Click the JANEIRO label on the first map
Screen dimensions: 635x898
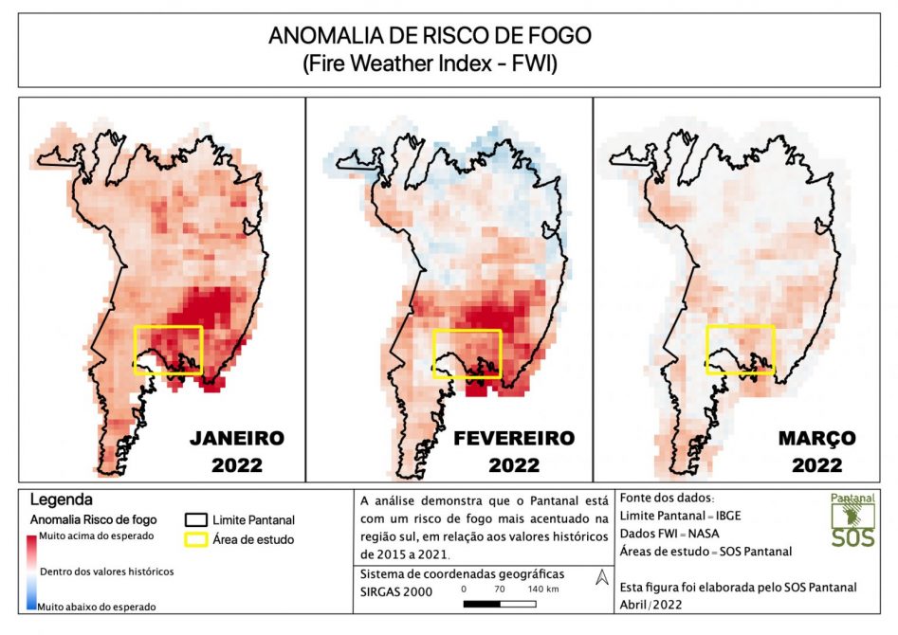click(x=236, y=438)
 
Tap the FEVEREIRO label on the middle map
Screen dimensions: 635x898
click(x=514, y=438)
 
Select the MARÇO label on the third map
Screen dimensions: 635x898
click(x=816, y=438)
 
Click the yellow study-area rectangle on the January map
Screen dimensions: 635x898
click(x=168, y=350)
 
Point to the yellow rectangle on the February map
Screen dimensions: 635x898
click(x=467, y=354)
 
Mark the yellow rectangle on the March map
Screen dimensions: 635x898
click(x=741, y=350)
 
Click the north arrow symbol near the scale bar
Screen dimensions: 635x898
click(x=600, y=577)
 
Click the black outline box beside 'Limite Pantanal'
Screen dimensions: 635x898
click(x=195, y=519)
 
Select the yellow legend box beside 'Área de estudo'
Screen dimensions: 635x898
click(x=195, y=539)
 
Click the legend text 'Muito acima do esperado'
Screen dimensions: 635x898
click(x=97, y=536)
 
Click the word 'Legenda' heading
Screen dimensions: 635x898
click(x=62, y=499)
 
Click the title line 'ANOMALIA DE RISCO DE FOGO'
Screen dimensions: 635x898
click(x=430, y=36)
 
